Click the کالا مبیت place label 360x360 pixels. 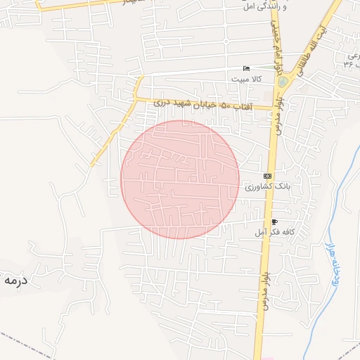coord(246,79)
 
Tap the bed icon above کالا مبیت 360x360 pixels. coord(245,68)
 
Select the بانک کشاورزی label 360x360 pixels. coord(266,186)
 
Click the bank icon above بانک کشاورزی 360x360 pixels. coord(266,175)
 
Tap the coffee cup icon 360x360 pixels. coord(274,221)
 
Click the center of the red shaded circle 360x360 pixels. coord(180,179)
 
